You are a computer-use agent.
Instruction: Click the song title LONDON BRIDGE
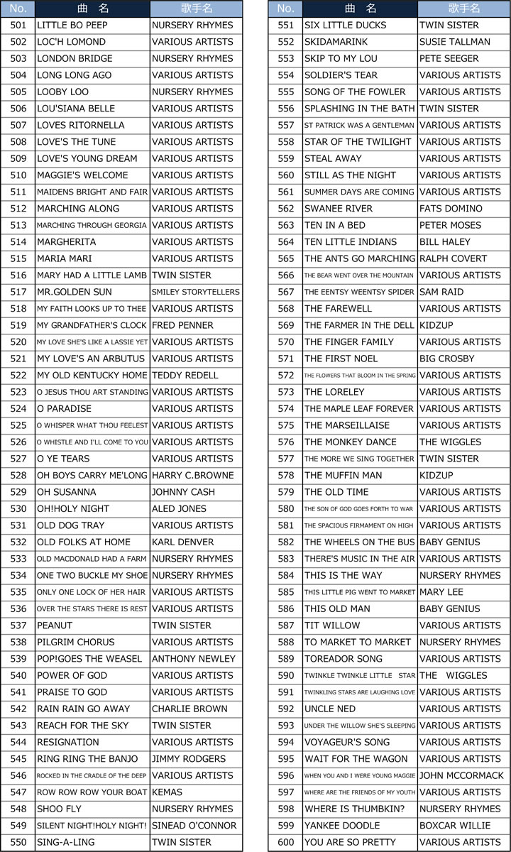click(65, 58)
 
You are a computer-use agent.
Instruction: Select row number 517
click(18, 292)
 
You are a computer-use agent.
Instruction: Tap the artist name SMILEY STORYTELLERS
click(195, 292)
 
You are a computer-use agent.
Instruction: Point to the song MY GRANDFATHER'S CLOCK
click(92, 325)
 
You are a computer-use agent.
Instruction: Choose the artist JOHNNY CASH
click(183, 492)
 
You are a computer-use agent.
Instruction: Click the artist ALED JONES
click(179, 508)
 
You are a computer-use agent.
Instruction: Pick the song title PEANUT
click(55, 626)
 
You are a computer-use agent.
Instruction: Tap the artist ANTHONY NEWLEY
click(193, 659)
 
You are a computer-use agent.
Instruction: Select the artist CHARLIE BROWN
click(190, 709)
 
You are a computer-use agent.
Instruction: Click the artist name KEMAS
click(167, 792)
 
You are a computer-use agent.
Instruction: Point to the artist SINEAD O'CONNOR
click(194, 826)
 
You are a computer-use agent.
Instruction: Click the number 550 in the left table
click(18, 842)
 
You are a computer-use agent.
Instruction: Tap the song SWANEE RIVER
click(338, 209)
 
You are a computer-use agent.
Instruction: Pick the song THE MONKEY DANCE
click(350, 442)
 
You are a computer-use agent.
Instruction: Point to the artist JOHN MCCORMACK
click(461, 775)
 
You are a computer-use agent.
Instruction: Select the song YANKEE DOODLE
click(342, 826)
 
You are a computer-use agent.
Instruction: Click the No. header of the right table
click(285, 9)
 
